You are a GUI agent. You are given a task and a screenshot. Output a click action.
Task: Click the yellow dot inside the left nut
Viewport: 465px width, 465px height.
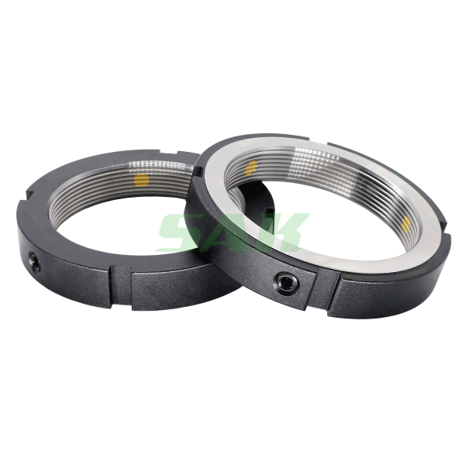point(141,180)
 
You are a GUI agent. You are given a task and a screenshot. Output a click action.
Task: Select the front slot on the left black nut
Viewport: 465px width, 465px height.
point(121,284)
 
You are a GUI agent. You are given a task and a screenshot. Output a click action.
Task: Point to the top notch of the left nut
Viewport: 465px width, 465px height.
point(169,152)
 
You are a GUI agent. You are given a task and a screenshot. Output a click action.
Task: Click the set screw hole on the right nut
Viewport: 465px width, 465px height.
point(287,284)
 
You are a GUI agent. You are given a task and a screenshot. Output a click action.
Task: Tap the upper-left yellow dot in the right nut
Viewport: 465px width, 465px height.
point(252,168)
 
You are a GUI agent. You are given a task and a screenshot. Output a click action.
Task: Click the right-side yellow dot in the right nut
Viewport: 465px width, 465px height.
point(406,223)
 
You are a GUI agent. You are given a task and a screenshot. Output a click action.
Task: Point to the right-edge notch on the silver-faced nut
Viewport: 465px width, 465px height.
point(446,226)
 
